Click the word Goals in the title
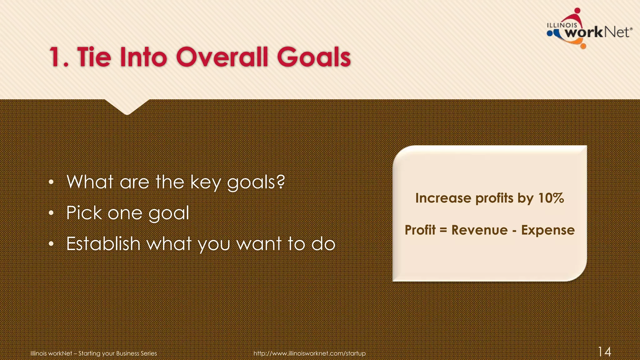point(314,57)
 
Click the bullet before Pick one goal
point(52,213)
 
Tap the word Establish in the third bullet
point(103,244)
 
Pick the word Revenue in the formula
point(479,230)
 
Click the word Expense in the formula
point(548,230)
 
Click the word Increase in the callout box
point(443,198)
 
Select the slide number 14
point(604,352)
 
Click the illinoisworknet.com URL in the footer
point(309,353)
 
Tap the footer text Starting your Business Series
point(117,353)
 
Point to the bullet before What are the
point(52,182)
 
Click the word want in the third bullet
point(259,244)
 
